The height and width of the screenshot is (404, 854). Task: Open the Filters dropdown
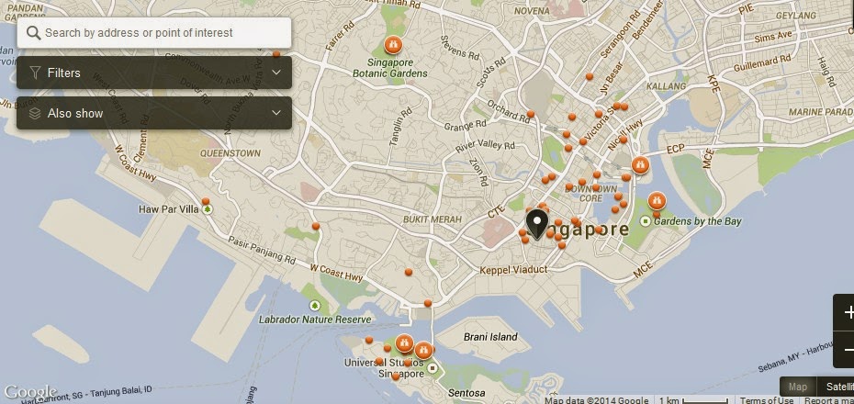click(x=154, y=73)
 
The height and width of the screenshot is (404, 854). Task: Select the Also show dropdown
click(x=154, y=113)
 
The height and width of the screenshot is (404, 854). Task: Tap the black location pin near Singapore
click(x=536, y=223)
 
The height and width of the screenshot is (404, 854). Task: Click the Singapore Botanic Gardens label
click(x=391, y=68)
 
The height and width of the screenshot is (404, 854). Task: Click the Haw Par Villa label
click(x=168, y=209)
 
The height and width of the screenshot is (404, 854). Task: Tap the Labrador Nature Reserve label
click(x=316, y=320)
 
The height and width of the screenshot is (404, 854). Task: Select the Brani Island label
click(x=489, y=337)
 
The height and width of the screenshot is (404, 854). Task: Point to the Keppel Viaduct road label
click(x=513, y=270)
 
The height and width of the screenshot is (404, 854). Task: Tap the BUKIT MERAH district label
click(x=430, y=220)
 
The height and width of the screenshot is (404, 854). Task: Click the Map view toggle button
click(x=798, y=387)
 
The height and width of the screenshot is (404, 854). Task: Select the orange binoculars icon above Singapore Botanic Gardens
click(x=392, y=43)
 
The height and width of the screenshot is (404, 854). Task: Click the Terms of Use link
click(x=767, y=399)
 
